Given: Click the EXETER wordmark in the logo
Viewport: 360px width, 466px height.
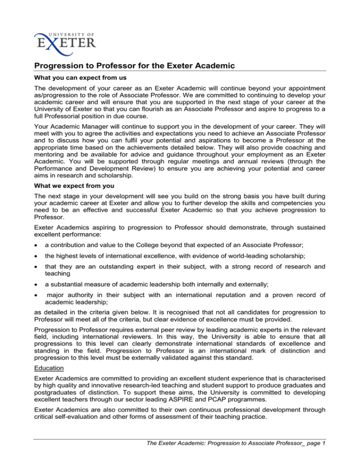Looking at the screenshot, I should [x=66, y=43].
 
